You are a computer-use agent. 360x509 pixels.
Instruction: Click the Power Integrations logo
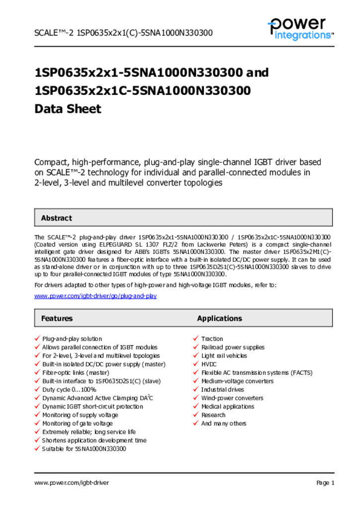300,29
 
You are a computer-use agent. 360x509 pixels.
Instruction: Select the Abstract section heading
56,218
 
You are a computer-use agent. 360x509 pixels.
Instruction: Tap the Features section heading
57,318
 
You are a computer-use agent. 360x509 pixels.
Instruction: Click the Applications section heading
219,318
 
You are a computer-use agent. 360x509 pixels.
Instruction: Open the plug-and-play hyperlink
95,296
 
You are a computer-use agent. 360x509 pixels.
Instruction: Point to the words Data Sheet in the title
68,109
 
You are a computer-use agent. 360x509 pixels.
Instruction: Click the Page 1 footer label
325,483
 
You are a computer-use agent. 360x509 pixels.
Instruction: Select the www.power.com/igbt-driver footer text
72,483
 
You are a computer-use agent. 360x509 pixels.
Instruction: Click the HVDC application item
209,364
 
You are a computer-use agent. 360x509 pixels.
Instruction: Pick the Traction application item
212,339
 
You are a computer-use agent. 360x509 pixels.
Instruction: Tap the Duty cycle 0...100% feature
69,390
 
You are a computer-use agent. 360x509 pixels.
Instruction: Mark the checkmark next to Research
196,415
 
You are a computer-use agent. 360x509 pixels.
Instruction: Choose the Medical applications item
227,407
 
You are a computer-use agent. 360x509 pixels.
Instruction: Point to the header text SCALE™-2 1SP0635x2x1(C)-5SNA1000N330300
123,33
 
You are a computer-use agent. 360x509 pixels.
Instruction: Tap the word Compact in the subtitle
52,162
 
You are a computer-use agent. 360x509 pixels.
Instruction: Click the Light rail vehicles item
224,356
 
